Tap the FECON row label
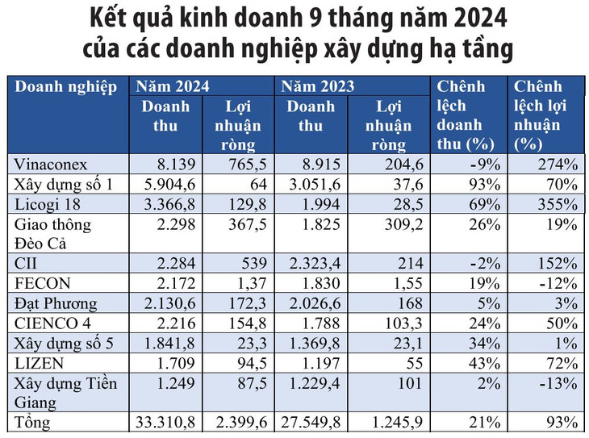tap(43, 284)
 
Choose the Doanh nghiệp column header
tap(65, 87)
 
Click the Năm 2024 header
tap(168, 87)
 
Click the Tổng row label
tap(32, 422)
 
